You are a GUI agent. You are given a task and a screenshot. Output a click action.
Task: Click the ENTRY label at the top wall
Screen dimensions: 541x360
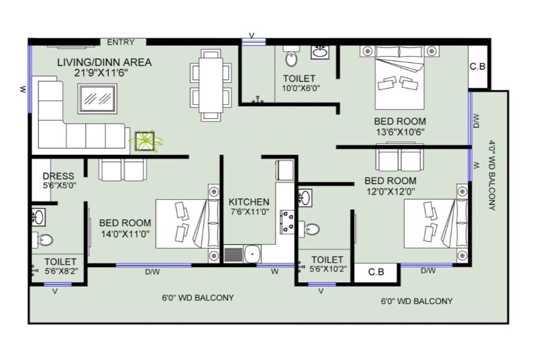pos(120,42)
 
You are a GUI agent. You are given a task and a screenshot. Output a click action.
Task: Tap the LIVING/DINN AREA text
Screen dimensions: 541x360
pos(104,62)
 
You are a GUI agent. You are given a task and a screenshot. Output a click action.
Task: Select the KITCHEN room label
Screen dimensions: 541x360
pos(249,202)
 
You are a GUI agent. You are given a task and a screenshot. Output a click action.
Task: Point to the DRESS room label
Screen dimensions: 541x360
pos(58,176)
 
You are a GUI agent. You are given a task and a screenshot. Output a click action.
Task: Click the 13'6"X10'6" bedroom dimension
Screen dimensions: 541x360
pos(400,132)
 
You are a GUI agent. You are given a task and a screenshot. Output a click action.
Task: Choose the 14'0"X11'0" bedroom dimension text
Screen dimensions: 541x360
pos(125,234)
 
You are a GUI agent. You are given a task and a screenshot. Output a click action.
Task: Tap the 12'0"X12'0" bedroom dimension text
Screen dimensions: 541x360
pos(390,191)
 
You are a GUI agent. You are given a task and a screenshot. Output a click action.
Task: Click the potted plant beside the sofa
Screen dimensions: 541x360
pos(145,141)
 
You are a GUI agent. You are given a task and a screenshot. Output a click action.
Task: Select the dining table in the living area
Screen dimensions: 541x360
pos(210,85)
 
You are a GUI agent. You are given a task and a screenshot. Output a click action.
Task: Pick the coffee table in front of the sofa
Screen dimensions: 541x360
pos(97,98)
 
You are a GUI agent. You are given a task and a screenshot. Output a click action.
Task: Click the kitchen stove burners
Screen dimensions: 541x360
pos(287,221)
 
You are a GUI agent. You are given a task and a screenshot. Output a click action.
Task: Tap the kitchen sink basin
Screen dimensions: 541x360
pos(253,254)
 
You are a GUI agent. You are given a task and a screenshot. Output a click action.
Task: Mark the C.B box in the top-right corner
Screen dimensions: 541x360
pos(478,66)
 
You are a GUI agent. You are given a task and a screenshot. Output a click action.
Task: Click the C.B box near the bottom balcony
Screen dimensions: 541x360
pos(376,272)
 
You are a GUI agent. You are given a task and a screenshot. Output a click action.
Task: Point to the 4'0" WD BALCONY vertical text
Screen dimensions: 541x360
pos(492,175)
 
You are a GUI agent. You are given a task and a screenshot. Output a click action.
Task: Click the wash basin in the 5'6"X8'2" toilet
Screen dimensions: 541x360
pos(38,217)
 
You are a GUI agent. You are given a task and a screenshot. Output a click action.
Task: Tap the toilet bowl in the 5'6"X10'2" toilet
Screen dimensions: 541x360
pos(309,229)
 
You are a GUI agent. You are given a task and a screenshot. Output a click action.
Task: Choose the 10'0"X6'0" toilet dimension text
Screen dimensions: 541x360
pos(301,88)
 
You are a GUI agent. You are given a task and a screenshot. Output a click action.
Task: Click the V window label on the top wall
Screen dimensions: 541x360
pos(252,35)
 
